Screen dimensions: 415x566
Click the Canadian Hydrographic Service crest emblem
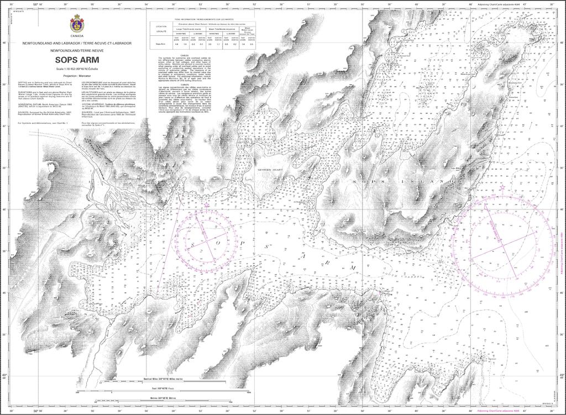76,24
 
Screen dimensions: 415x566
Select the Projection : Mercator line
77,75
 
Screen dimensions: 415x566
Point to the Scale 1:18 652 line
77,69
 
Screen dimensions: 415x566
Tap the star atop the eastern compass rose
502,188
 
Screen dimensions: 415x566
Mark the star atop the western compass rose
207,205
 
